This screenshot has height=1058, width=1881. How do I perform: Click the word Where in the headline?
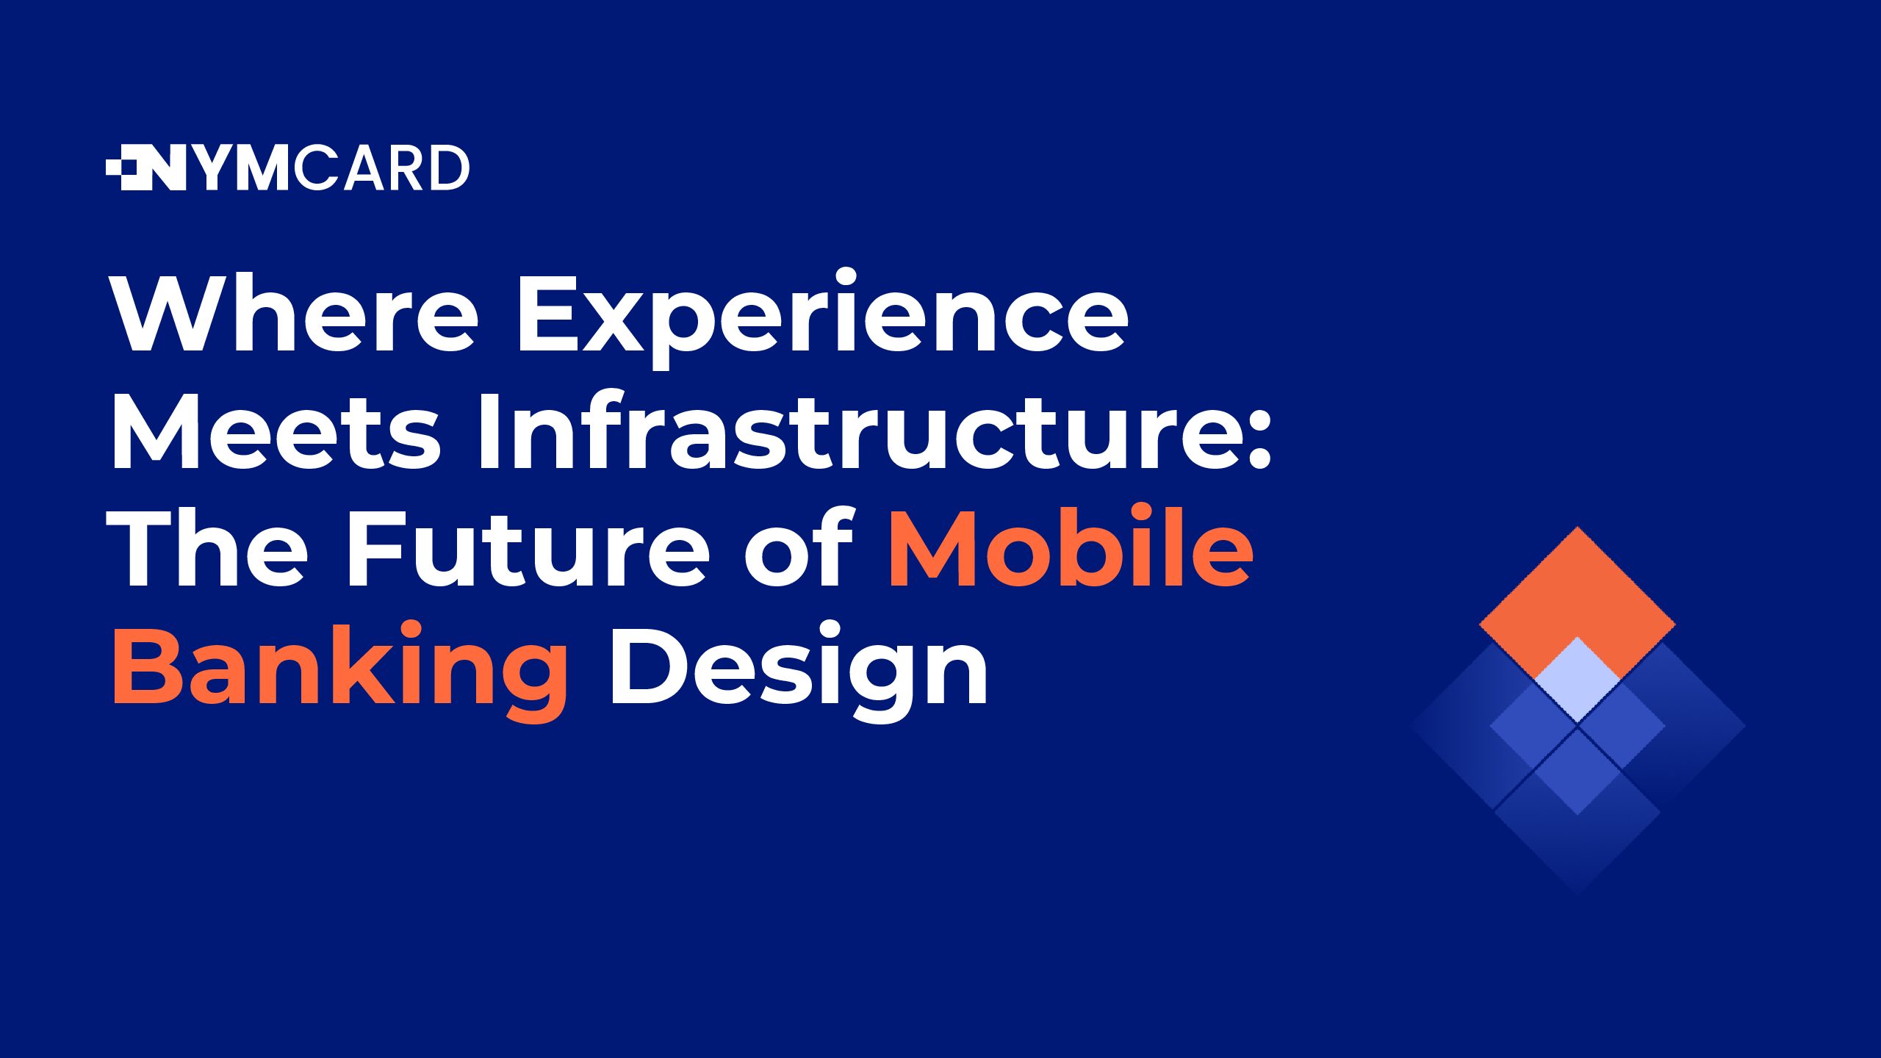(295, 314)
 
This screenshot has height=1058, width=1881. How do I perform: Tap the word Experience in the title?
(823, 319)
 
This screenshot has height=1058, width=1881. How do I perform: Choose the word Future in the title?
(528, 547)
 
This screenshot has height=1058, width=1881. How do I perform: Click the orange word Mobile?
(1071, 545)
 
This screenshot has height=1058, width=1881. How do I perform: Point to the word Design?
(798, 670)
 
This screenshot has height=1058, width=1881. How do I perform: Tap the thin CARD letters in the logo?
(381, 168)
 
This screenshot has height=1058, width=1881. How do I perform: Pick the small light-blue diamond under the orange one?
(1578, 680)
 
